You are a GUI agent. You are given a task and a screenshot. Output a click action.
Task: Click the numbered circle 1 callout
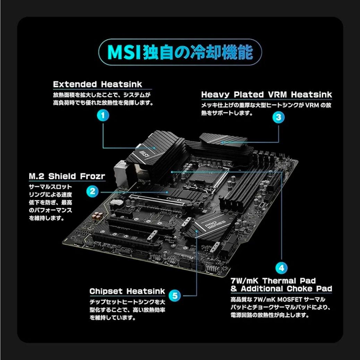point(103,115)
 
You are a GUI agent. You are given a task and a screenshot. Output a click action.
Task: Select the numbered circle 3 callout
point(278,117)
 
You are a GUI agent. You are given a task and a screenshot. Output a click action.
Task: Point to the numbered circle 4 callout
point(281,268)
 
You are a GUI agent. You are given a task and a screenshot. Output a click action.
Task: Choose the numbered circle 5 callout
point(175,295)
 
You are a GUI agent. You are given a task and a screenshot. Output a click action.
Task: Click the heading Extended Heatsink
point(97,84)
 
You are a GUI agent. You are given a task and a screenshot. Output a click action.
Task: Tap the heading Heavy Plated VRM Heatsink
point(266,95)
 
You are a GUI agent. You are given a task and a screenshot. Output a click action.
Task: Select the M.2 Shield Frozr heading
point(67,176)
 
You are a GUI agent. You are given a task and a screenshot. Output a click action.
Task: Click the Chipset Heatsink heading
point(127,291)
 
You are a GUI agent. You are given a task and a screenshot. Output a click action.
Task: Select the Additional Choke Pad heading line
point(281,289)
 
